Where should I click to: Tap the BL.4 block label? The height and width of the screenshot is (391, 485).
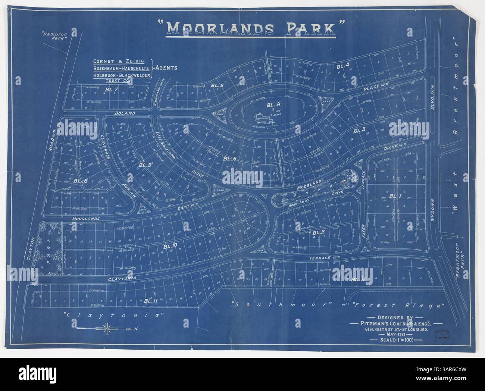pyautogui.click(x=342, y=66)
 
